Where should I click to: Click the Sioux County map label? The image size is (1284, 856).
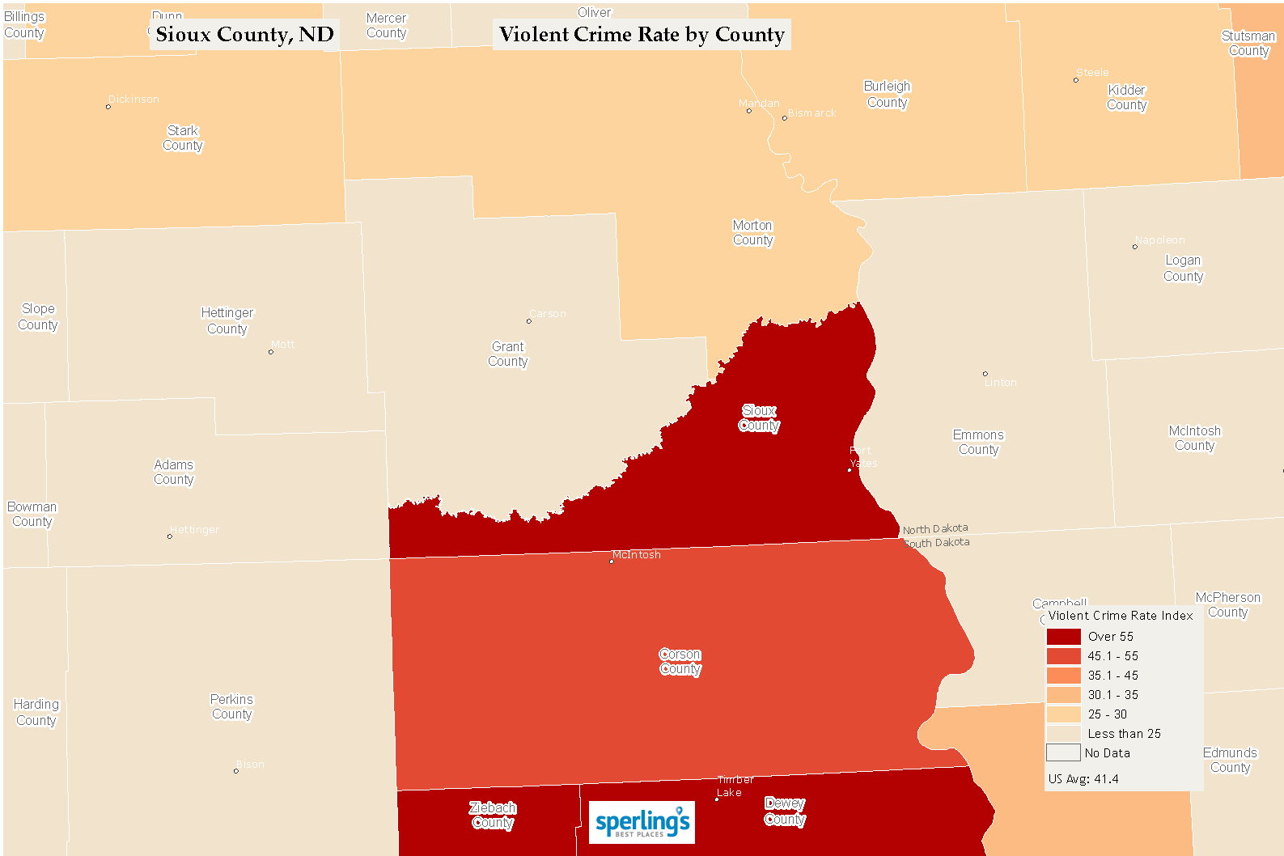759,418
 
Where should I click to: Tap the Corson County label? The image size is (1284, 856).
680,662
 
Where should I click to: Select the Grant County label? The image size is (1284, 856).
508,354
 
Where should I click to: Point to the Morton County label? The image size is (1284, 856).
753,233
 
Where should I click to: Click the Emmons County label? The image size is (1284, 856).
978,443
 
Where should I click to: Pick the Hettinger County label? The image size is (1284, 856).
227,321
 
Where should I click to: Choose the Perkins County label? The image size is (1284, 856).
232,707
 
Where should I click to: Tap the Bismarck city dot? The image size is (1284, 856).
784,118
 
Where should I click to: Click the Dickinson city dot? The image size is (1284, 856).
108,107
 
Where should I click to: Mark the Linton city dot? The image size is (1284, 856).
985,374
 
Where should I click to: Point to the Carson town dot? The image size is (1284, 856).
529,321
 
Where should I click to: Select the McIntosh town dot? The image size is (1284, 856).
611,561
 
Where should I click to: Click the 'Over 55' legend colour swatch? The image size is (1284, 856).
1063,637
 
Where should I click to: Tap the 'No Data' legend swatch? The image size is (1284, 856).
1063,753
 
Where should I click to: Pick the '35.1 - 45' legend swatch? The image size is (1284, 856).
1063,676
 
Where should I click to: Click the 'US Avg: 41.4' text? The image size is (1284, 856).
1083,779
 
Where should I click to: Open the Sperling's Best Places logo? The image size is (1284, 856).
642,823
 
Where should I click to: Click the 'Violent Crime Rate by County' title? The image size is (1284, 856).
642,35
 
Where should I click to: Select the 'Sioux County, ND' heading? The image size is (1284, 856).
244,35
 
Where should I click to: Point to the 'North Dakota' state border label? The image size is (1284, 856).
935,529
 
